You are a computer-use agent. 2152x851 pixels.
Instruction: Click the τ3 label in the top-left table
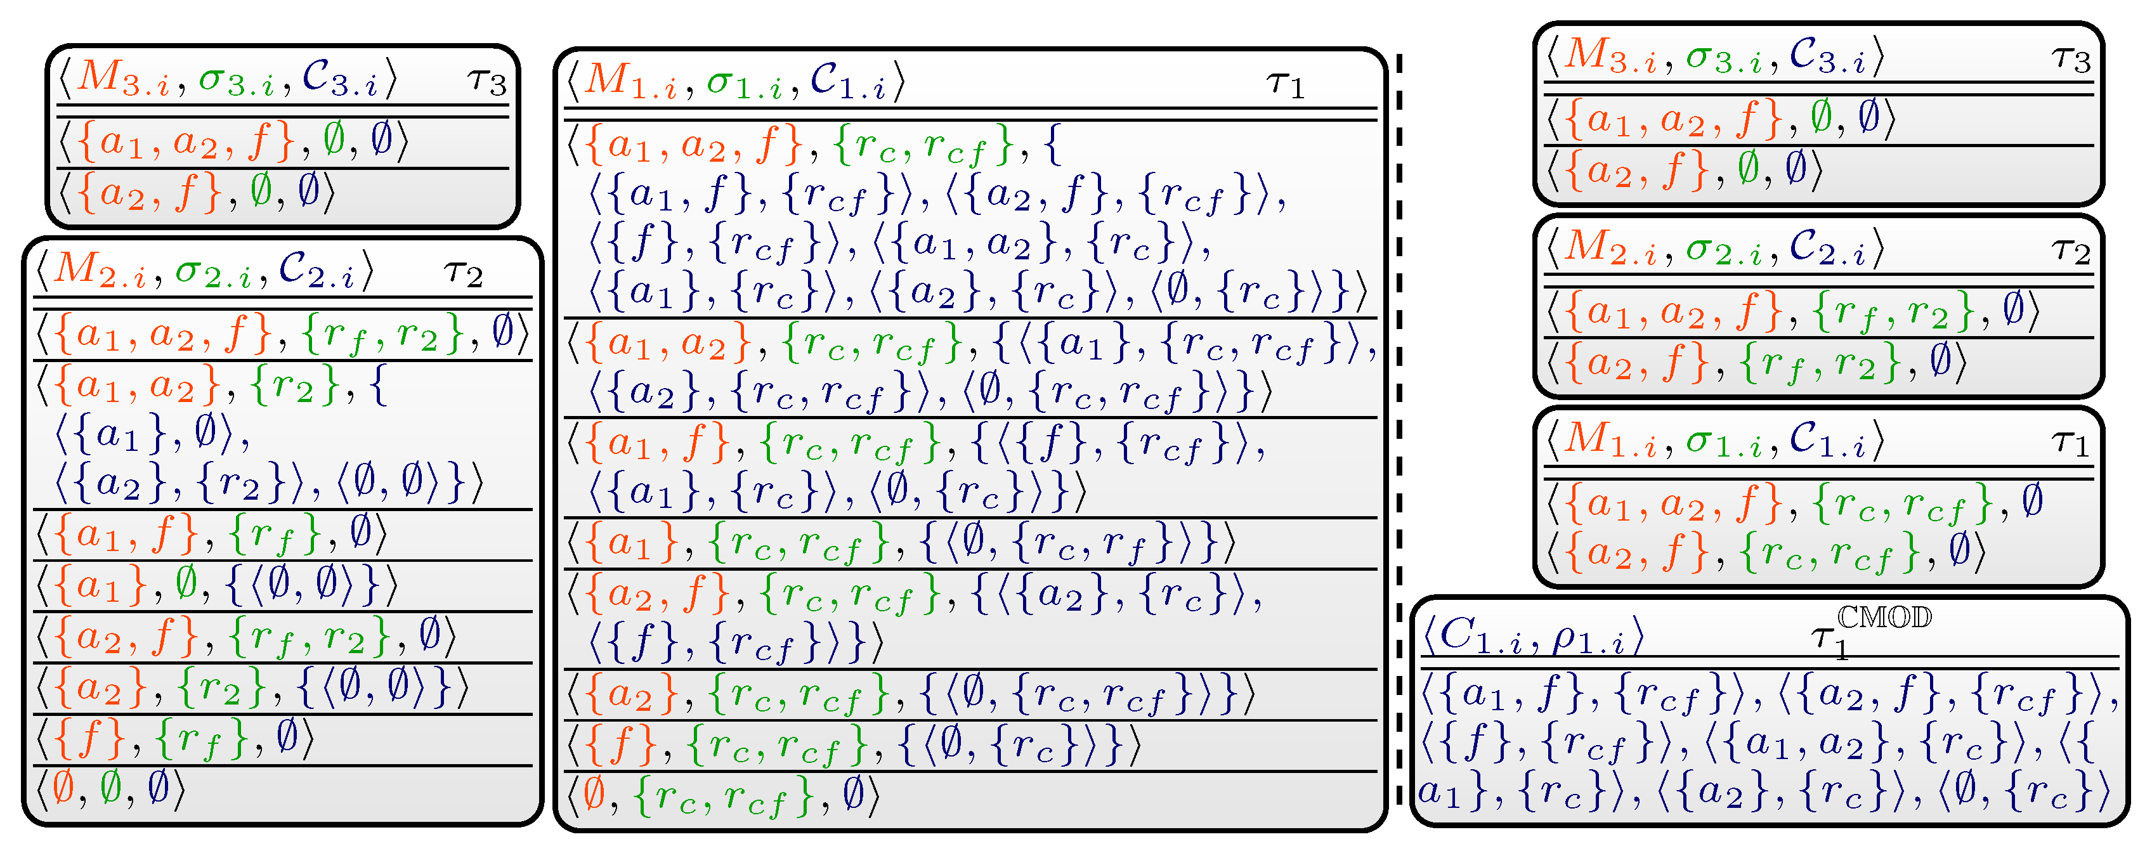point(487,82)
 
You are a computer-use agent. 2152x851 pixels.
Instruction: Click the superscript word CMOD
point(1884,618)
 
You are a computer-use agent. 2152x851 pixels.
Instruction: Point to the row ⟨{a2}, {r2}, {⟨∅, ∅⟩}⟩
point(251,688)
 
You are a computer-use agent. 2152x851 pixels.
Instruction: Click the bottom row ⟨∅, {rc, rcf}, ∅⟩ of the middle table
point(722,796)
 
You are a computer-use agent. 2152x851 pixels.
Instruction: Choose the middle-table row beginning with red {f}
point(852,745)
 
